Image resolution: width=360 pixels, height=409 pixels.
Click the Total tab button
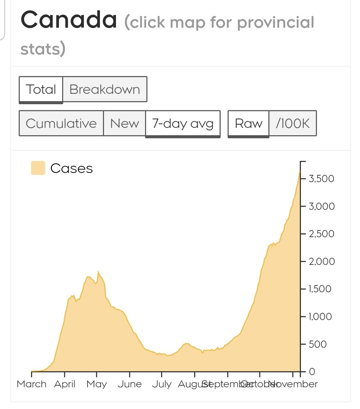[x=41, y=89]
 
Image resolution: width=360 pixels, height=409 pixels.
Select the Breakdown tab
[x=105, y=89]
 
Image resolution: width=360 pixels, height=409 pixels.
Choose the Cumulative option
[x=61, y=123]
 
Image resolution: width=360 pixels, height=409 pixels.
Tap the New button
[x=125, y=123]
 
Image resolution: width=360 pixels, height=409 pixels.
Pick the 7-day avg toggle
[x=183, y=123]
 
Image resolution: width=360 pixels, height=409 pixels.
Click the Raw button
[x=248, y=123]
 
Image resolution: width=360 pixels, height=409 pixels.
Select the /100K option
[x=293, y=123]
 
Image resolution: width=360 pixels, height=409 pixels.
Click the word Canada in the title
[x=69, y=20]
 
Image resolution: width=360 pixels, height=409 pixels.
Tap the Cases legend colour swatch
[x=38, y=168]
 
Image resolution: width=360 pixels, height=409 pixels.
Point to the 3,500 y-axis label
[x=321, y=179]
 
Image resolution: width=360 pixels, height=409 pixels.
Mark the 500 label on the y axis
[x=318, y=344]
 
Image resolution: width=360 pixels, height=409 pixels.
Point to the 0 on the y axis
[x=312, y=372]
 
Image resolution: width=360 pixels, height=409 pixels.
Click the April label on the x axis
[x=65, y=384]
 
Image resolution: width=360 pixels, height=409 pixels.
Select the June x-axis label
[x=130, y=384]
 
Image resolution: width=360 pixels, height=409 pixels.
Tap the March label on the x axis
[x=31, y=384]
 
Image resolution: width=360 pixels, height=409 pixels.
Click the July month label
[x=162, y=384]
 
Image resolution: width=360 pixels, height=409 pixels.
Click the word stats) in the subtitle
[x=43, y=49]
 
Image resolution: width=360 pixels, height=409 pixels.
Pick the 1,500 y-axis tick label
[x=320, y=289]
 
